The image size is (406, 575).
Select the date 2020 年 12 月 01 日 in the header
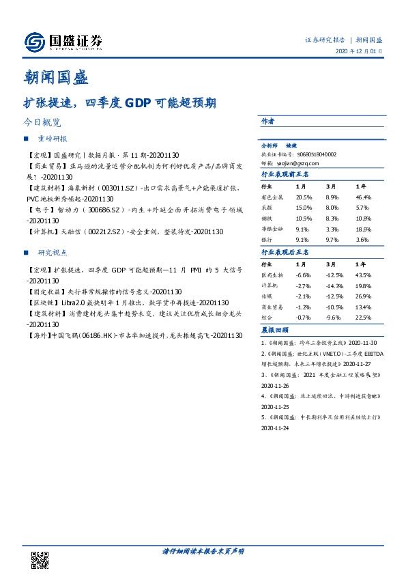(x=359, y=52)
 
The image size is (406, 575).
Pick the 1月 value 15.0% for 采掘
(x=304, y=206)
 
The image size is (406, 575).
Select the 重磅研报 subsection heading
(x=53, y=139)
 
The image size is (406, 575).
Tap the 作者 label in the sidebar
(x=267, y=121)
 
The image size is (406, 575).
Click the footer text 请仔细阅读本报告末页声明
(x=203, y=551)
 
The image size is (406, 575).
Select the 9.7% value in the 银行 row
(x=334, y=239)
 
